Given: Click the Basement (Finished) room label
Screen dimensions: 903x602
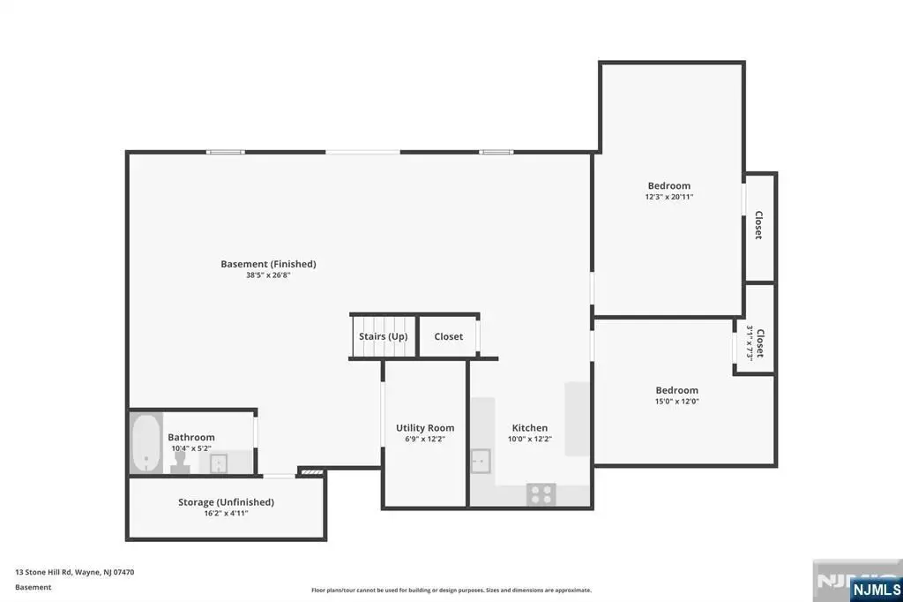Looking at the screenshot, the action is click(x=268, y=264).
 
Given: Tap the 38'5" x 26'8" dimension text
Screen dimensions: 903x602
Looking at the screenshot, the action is click(x=268, y=275).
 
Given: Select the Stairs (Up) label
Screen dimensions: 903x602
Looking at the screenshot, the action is click(x=383, y=336).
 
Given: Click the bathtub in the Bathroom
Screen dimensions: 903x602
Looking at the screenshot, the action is click(x=146, y=443).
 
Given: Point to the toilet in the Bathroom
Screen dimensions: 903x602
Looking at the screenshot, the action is click(x=180, y=463).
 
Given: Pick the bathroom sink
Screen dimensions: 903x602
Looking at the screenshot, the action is click(x=219, y=463).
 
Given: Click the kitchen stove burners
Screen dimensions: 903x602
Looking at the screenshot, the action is click(x=541, y=494).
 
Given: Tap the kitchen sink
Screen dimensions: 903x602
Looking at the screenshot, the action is click(x=481, y=462).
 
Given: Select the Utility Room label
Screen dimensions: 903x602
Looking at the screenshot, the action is click(x=425, y=428).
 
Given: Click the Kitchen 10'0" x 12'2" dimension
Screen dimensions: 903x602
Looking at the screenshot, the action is click(x=530, y=439).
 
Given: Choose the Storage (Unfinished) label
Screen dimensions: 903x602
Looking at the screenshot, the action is click(x=226, y=502).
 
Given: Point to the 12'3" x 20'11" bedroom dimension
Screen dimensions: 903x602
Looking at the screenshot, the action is click(x=669, y=197).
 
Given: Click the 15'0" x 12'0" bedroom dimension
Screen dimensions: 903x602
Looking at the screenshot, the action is click(x=676, y=402).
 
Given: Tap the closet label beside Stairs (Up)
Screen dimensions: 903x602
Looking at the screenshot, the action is click(x=449, y=336).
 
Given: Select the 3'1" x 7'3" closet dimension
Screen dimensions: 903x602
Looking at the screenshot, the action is click(x=750, y=343).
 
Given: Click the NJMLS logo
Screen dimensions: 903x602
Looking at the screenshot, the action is click(x=877, y=590).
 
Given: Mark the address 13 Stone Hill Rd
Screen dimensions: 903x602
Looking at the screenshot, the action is click(x=44, y=572).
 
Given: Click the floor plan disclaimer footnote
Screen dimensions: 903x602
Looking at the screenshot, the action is click(x=451, y=590).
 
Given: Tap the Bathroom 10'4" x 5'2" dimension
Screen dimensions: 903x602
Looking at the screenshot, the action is click(x=191, y=448).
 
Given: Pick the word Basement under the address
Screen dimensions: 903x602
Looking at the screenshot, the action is click(x=33, y=587).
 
